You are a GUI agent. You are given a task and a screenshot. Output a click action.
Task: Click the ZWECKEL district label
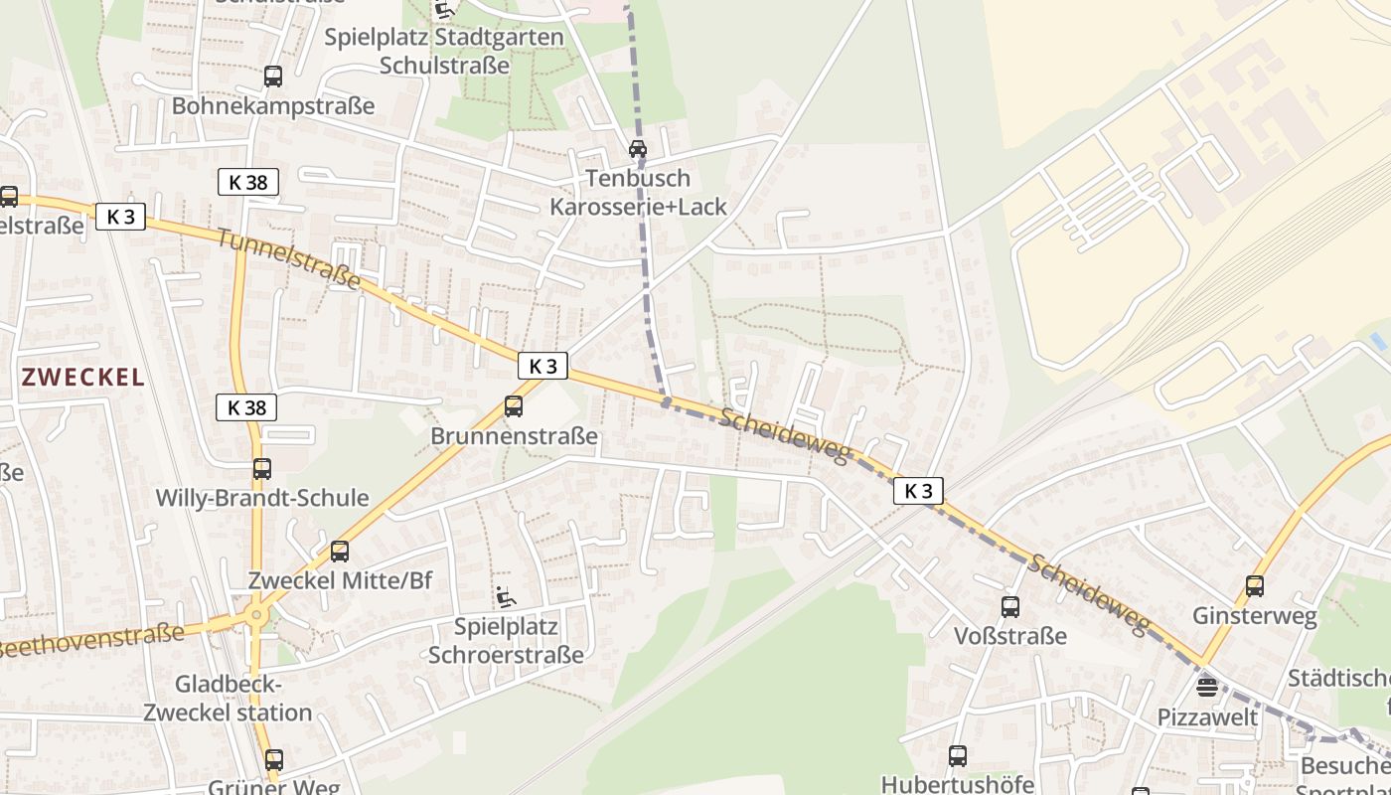[83, 378]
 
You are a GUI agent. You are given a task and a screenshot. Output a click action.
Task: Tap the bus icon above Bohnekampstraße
[272, 76]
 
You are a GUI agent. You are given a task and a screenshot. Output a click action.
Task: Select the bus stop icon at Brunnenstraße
[514, 405]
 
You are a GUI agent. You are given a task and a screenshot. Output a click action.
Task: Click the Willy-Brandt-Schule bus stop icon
[262, 468]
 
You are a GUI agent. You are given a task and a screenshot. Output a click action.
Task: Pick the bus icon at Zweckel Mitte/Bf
[340, 551]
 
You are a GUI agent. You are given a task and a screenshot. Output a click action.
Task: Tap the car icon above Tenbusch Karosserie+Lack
[638, 149]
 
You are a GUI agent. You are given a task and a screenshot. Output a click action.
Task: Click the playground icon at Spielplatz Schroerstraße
[506, 596]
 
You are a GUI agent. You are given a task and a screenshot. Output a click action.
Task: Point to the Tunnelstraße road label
[288, 260]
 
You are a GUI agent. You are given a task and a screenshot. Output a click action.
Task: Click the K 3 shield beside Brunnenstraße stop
[542, 366]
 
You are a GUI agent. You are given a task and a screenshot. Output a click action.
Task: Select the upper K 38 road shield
[247, 182]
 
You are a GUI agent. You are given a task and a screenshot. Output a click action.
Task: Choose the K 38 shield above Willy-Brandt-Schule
[246, 406]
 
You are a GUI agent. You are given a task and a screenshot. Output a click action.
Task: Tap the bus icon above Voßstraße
[1010, 606]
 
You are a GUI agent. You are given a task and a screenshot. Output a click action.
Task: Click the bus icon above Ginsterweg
[1255, 586]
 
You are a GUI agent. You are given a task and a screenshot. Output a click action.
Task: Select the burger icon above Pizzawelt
[1207, 688]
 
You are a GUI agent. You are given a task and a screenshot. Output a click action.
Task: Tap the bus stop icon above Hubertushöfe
[958, 755]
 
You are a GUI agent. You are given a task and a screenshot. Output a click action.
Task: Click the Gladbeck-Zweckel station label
[229, 699]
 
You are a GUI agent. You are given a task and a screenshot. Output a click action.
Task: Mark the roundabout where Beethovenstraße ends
[257, 616]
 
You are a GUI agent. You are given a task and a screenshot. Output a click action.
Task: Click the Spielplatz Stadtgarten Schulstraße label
[445, 52]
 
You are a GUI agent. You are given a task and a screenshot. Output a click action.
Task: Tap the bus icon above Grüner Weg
[274, 760]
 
